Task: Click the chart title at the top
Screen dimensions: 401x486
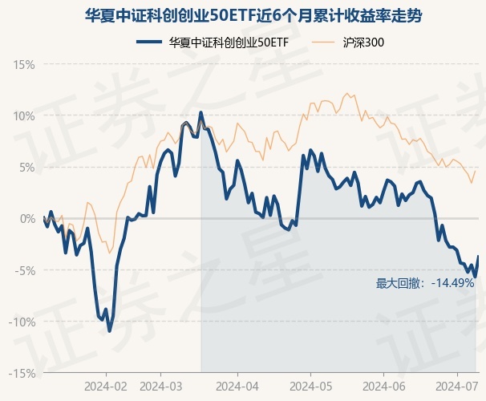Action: [243, 15]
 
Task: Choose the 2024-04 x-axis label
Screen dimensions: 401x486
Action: [238, 386]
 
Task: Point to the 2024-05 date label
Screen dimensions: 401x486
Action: [310, 386]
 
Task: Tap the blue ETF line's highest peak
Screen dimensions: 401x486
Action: [200, 112]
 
